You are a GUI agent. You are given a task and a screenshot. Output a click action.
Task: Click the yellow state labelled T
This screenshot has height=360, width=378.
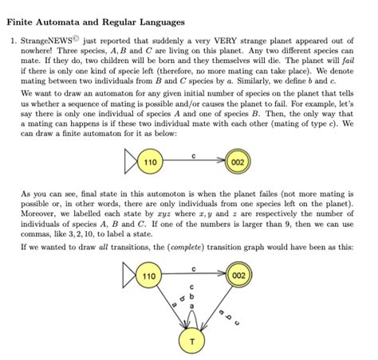(x=191, y=340)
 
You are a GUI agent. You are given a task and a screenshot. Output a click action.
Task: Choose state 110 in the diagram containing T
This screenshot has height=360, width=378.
(x=149, y=276)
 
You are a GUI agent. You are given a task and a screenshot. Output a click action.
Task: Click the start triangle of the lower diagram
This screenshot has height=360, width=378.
(x=128, y=276)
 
